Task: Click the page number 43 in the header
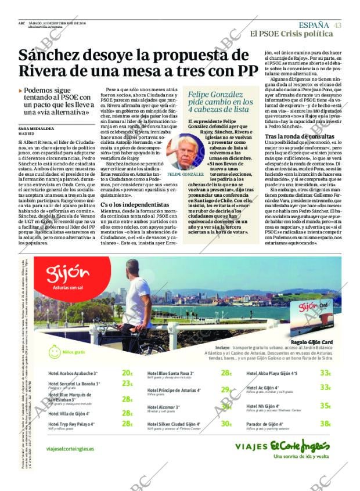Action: pos(337,25)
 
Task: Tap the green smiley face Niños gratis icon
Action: pos(55,352)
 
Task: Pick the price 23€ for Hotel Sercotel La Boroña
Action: pos(127,384)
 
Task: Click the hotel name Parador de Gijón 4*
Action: pos(268,424)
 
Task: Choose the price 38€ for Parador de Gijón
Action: pos(325,424)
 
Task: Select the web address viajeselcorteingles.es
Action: pos(70,449)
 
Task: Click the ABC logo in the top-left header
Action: pos(21,23)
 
